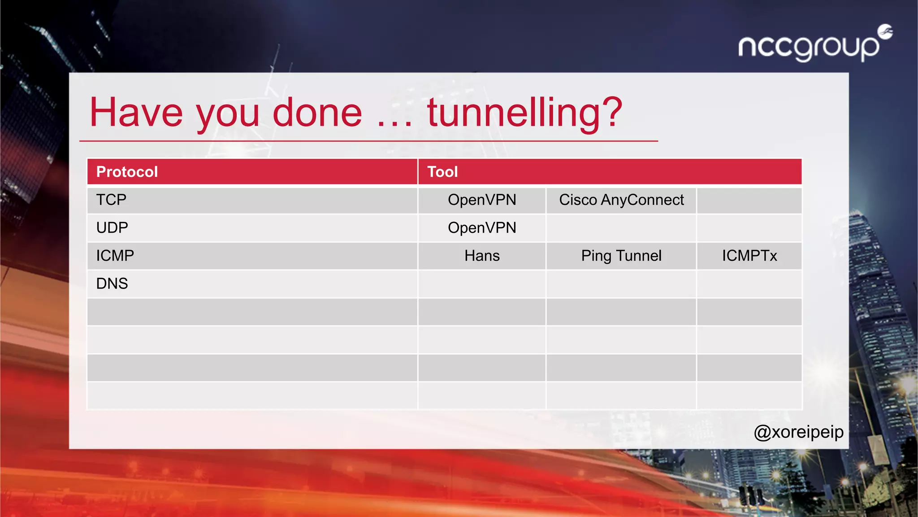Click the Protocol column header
coord(127,172)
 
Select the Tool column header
coord(442,172)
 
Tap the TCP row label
coord(111,200)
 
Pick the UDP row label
coord(112,228)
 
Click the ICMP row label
coord(115,256)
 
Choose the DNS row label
coord(112,284)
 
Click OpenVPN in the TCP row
coord(482,200)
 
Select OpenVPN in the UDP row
coord(482,228)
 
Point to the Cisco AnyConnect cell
coord(621,200)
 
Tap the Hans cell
coord(482,256)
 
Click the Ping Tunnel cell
coord(621,256)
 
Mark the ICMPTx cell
coord(749,256)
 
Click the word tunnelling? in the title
coord(524,113)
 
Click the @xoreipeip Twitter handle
coord(799,432)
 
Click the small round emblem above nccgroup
coord(885,32)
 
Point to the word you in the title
coord(228,114)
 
